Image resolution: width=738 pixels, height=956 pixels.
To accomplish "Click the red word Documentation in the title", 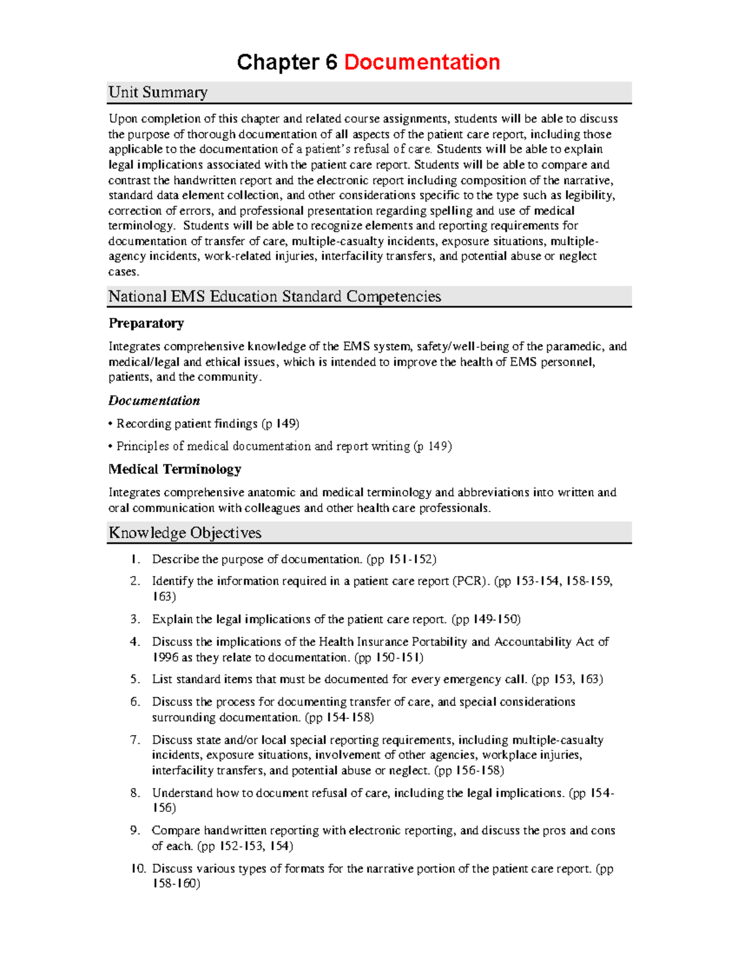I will (x=422, y=62).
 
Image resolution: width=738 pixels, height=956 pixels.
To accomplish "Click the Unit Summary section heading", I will (x=158, y=92).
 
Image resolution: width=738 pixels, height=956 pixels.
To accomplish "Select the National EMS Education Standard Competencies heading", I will (x=274, y=297).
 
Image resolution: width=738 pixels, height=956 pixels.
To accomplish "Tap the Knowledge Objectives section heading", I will (x=185, y=533).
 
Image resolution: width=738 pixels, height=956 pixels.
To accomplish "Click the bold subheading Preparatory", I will (x=146, y=323).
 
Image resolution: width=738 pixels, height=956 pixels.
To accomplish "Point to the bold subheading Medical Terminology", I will (x=175, y=469).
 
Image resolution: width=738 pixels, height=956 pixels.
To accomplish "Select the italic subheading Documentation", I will (x=154, y=401).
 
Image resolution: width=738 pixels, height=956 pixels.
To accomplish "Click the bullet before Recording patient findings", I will (x=111, y=424).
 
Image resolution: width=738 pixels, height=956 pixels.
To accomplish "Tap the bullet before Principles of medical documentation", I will (x=111, y=446).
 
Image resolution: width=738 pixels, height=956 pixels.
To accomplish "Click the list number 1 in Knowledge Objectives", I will (x=135, y=560).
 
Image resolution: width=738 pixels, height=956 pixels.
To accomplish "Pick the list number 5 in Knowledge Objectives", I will (x=135, y=680).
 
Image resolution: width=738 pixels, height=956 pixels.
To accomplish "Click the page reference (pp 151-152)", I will (x=401, y=560).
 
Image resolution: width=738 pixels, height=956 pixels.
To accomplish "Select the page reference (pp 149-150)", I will (x=486, y=619).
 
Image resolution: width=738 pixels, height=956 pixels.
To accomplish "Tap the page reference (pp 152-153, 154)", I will (x=245, y=846).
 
